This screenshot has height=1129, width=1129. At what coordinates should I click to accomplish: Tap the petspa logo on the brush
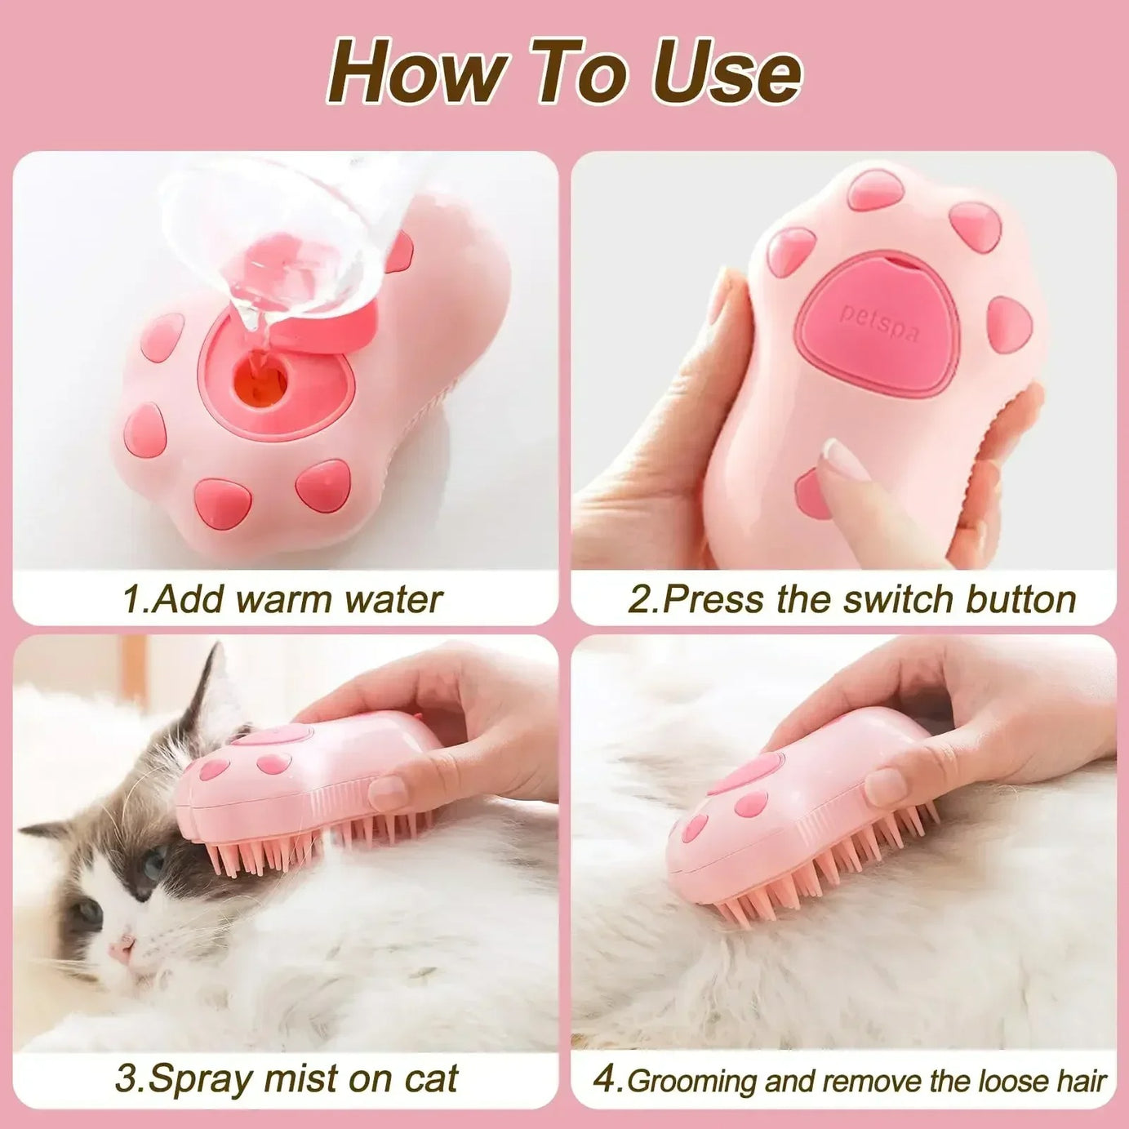click(x=878, y=323)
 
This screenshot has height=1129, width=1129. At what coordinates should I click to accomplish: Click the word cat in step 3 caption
click(x=430, y=1079)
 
